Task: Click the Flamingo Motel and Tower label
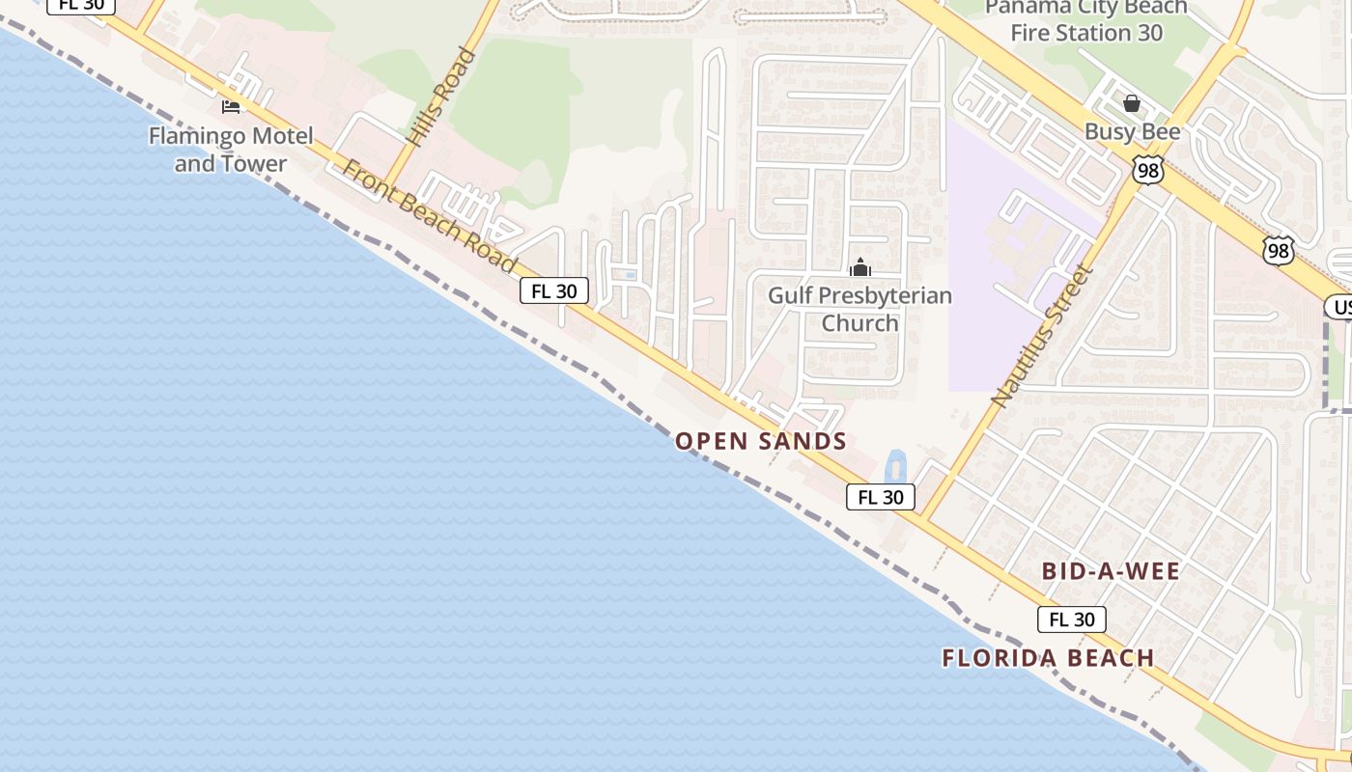[x=231, y=150]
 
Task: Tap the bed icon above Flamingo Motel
[x=230, y=105]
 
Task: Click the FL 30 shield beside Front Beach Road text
[x=554, y=290]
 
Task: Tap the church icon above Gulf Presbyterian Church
[x=859, y=267]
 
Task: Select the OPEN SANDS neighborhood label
[x=761, y=442]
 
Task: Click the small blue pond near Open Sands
[x=895, y=467]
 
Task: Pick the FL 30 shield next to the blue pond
[x=880, y=497]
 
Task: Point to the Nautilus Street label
[x=1044, y=335]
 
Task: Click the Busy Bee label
[x=1132, y=131]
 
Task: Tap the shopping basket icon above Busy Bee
[x=1132, y=103]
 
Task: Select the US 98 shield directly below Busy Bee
[x=1148, y=171]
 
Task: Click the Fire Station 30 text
[x=1086, y=33]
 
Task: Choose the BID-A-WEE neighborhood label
[x=1111, y=571]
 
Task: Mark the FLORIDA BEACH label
[x=1048, y=658]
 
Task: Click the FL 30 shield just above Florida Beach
[x=1071, y=620]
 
